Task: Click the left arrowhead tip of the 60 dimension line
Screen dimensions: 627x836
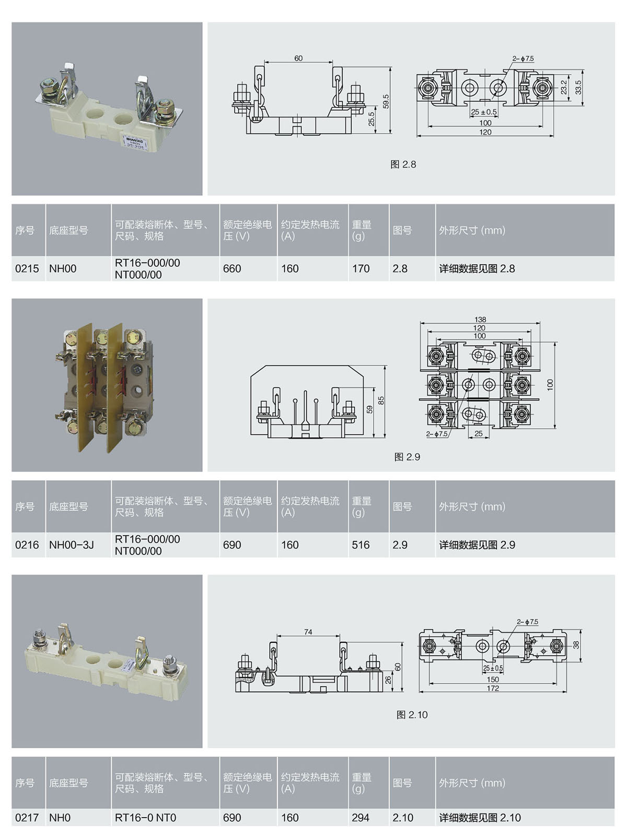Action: click(264, 62)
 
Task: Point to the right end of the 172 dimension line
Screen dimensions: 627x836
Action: click(566, 692)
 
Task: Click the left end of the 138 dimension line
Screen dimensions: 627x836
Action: click(420, 323)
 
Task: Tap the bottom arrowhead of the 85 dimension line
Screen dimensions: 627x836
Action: click(385, 437)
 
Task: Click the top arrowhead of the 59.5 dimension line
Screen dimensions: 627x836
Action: click(390, 68)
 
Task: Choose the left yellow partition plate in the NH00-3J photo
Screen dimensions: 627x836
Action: click(85, 388)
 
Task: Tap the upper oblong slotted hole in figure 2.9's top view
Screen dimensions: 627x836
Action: click(484, 356)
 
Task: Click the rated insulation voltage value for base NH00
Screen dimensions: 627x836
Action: click(232, 268)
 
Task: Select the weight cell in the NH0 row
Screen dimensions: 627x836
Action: click(361, 818)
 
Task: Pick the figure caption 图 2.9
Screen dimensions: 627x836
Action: click(407, 457)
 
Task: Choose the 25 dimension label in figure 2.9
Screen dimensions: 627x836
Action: click(479, 433)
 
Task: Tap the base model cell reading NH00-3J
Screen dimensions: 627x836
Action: click(72, 545)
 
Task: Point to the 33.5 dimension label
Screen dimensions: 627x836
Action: click(578, 88)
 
